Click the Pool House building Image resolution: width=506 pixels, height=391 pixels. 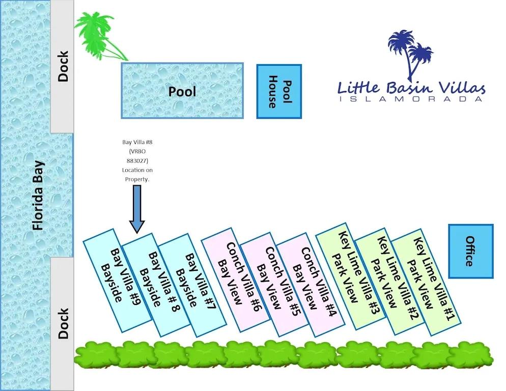(279, 92)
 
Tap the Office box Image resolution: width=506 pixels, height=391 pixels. (470, 251)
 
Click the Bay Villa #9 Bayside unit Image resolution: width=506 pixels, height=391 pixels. (115, 280)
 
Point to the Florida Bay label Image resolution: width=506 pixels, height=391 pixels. (38, 195)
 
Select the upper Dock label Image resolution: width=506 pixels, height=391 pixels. (63, 66)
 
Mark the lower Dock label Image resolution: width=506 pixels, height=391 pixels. (63, 323)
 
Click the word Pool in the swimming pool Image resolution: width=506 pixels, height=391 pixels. (182, 92)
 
